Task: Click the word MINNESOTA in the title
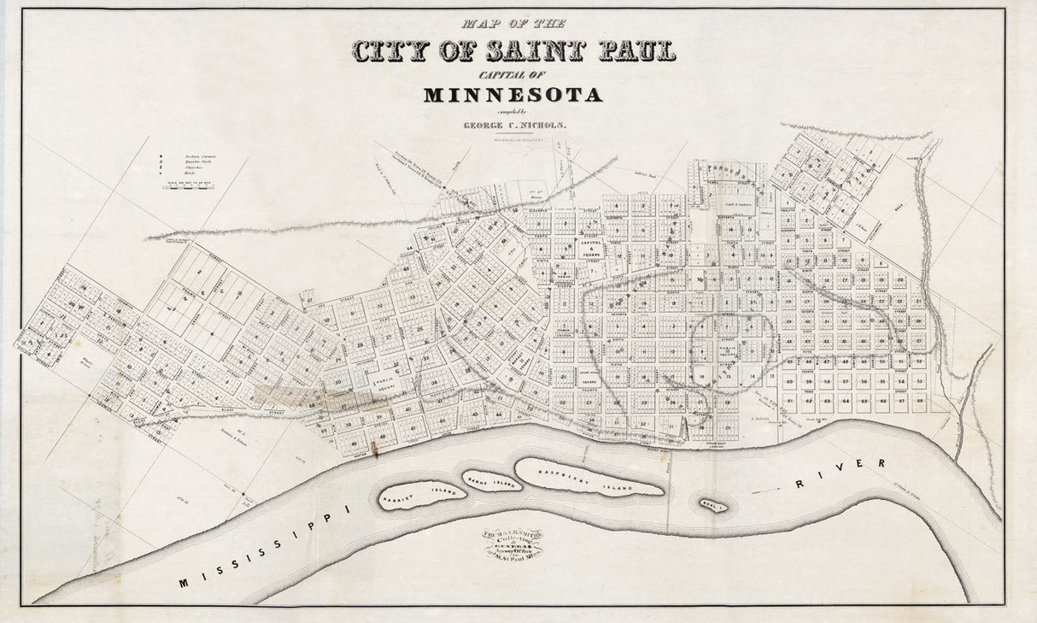[513, 94]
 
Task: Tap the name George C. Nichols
[514, 125]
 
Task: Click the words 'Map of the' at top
[513, 24]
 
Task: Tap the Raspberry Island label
[588, 478]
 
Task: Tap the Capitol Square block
[589, 246]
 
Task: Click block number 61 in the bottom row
[790, 400]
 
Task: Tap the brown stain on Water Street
[374, 447]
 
